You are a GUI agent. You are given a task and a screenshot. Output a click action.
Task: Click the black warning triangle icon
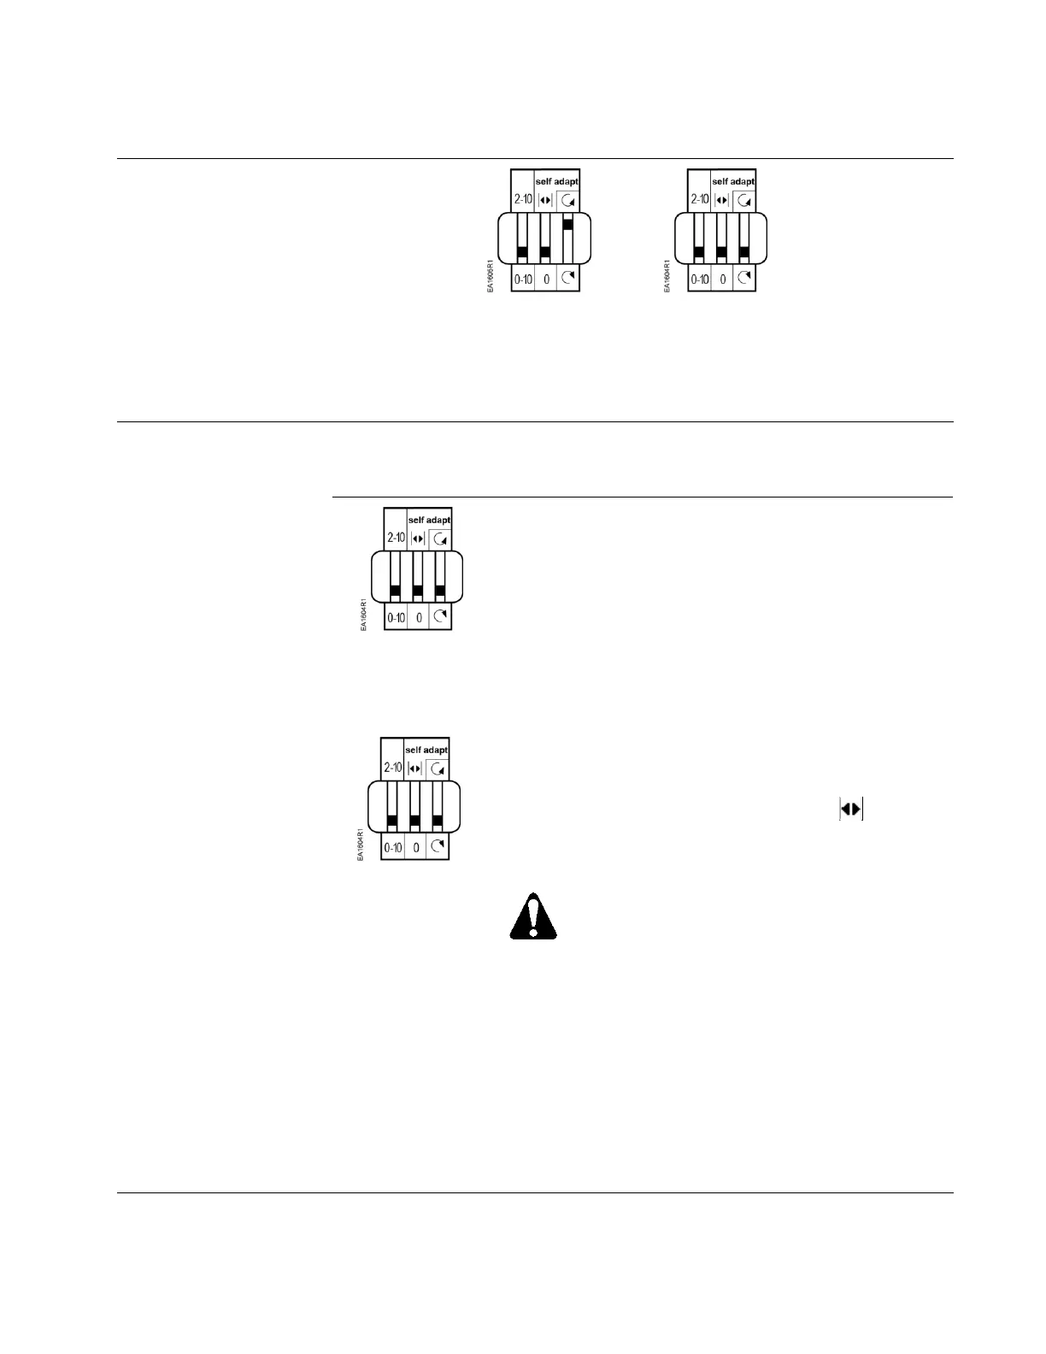[x=532, y=917]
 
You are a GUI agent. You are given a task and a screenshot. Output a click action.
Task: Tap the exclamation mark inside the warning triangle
[x=532, y=915]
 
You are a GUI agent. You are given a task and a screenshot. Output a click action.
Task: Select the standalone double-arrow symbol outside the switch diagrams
[x=851, y=809]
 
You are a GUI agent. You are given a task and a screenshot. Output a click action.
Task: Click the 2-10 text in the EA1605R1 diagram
[x=523, y=199]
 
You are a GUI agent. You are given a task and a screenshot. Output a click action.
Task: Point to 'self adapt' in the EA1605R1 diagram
[x=556, y=181]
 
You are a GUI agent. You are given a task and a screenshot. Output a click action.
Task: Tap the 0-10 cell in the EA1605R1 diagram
[x=523, y=279]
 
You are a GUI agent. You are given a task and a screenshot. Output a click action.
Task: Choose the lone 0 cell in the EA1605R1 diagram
[x=546, y=279]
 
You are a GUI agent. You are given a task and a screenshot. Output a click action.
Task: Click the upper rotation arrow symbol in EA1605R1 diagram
[x=568, y=200]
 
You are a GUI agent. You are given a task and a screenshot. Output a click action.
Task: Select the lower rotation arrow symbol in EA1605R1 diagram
[x=568, y=278]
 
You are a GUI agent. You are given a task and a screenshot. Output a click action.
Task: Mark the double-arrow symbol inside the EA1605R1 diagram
[x=546, y=200]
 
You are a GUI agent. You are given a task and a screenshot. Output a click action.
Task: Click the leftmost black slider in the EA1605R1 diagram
[x=522, y=252]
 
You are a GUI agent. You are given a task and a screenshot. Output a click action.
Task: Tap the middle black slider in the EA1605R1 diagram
[x=544, y=252]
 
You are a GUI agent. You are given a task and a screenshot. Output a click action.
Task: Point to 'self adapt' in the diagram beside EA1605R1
[x=733, y=181]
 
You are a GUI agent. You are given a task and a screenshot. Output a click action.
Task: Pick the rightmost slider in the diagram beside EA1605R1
[x=743, y=252]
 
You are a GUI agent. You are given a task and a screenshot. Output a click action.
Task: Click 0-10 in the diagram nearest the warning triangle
[x=392, y=848]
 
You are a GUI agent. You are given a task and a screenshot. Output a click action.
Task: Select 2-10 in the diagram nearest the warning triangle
[x=392, y=768]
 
